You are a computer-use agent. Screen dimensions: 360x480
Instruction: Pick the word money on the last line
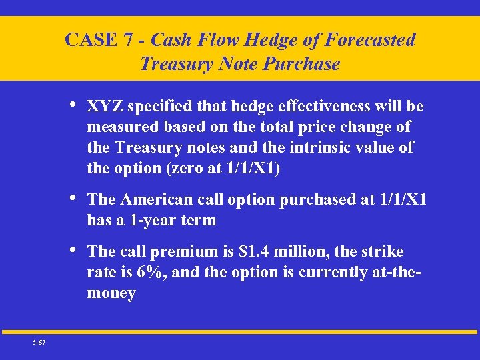[x=111, y=293]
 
